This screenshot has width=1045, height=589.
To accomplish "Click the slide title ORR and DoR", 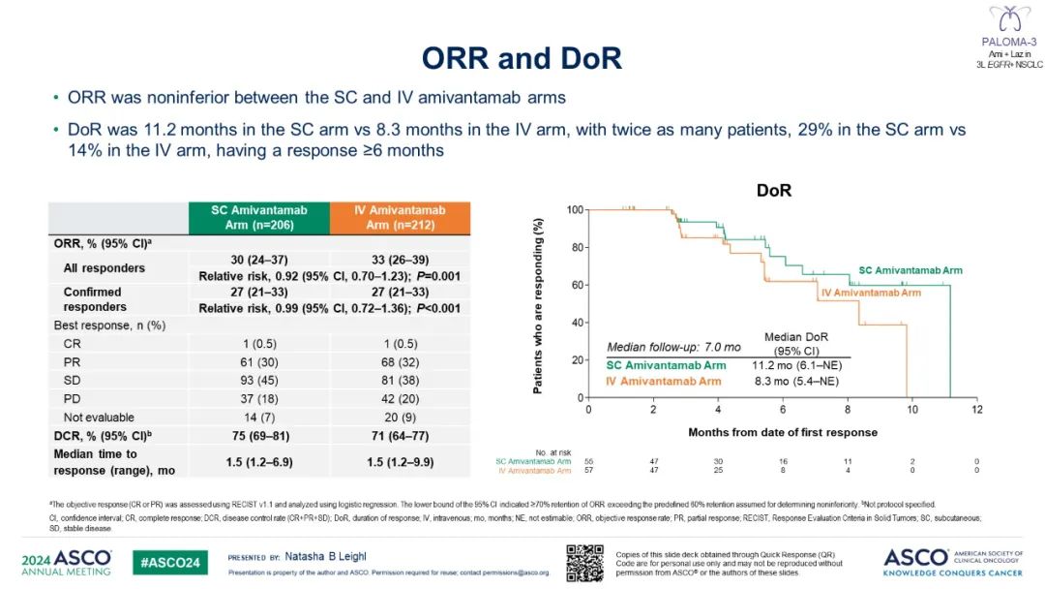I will point(522,58).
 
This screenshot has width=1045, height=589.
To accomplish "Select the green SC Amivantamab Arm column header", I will point(258,218).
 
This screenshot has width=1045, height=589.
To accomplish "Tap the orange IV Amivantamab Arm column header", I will point(400,218).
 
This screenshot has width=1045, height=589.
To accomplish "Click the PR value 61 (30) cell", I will point(258,362).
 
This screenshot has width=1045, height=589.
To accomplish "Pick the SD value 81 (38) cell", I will point(400,382).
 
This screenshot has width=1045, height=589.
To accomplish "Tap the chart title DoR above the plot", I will point(773,192).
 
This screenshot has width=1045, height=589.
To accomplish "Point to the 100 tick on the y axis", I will point(576,210).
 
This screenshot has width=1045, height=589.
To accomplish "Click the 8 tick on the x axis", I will point(849,410).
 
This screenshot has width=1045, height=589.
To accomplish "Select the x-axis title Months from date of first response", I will point(783,432).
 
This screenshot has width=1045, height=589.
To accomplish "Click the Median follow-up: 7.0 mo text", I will point(660,346).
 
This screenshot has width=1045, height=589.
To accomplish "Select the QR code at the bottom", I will point(584,564).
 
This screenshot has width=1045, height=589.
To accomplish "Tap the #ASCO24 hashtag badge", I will point(170,563).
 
